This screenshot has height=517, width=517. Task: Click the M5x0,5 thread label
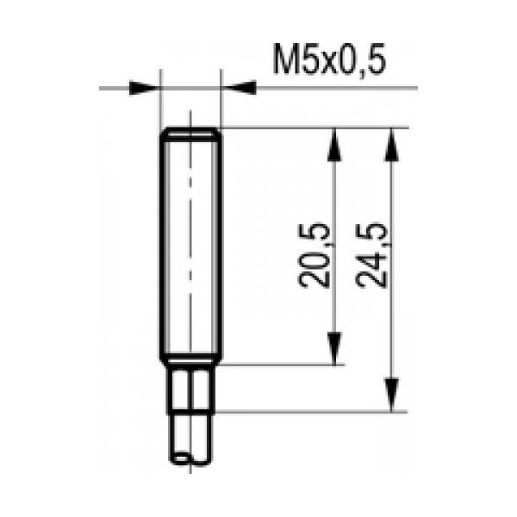point(329,60)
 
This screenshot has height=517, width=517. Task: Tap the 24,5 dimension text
point(371,256)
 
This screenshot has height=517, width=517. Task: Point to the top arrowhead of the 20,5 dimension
point(334,145)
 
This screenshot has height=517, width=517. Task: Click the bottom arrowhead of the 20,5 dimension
point(334,348)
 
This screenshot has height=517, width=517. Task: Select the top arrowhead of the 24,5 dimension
point(392,145)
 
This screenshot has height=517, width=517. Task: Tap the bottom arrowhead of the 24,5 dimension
point(392,395)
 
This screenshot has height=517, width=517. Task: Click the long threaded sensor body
point(191,246)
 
